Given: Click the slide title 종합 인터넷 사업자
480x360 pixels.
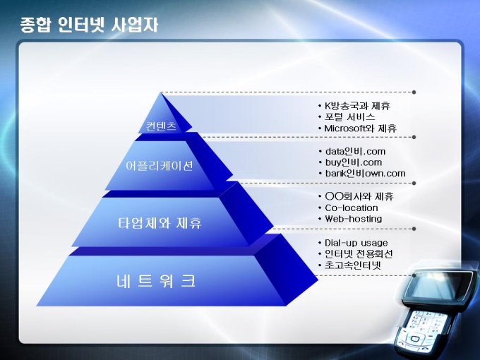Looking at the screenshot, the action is click(89, 25).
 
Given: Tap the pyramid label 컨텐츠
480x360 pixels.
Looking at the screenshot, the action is click(162, 126).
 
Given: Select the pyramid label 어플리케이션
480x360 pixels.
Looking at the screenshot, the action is click(160, 166).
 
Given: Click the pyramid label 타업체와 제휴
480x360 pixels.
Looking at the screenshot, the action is click(160, 223).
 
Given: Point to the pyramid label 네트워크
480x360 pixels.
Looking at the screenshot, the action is click(156, 281).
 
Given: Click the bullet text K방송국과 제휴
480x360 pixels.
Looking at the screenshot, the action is click(357, 106).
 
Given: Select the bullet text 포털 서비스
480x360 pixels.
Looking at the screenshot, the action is click(349, 117).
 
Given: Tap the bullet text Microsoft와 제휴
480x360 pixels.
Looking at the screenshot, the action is click(360, 128).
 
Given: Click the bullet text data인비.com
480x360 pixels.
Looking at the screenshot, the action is click(355, 151).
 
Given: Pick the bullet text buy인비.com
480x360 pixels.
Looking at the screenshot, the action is click(354, 162).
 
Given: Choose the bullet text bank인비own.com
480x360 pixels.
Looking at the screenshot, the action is click(365, 173).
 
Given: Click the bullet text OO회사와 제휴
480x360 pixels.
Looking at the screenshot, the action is click(359, 196).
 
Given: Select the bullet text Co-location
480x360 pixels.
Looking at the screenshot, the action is click(352, 208).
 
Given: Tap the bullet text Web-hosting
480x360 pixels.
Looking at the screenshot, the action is click(353, 219).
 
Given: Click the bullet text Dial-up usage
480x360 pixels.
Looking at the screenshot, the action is click(356, 243).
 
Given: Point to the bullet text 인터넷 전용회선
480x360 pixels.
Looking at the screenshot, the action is click(359, 254).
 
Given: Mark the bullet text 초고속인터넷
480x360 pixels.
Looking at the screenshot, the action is click(353, 265).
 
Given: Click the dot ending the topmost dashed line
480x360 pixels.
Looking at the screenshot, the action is click(414, 92).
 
